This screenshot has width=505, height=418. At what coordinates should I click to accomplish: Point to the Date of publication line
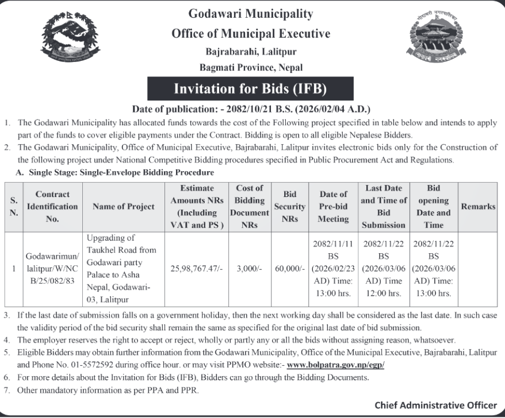251,109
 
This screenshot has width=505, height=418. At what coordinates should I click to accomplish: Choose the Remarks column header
478,207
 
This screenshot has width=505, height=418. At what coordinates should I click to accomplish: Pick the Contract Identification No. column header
52,207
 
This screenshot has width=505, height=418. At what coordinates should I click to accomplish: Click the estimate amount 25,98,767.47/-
198,268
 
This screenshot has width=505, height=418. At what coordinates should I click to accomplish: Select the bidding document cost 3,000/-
250,268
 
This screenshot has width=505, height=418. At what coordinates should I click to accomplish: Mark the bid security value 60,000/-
290,268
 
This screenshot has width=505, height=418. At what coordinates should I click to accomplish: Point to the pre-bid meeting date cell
334,268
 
